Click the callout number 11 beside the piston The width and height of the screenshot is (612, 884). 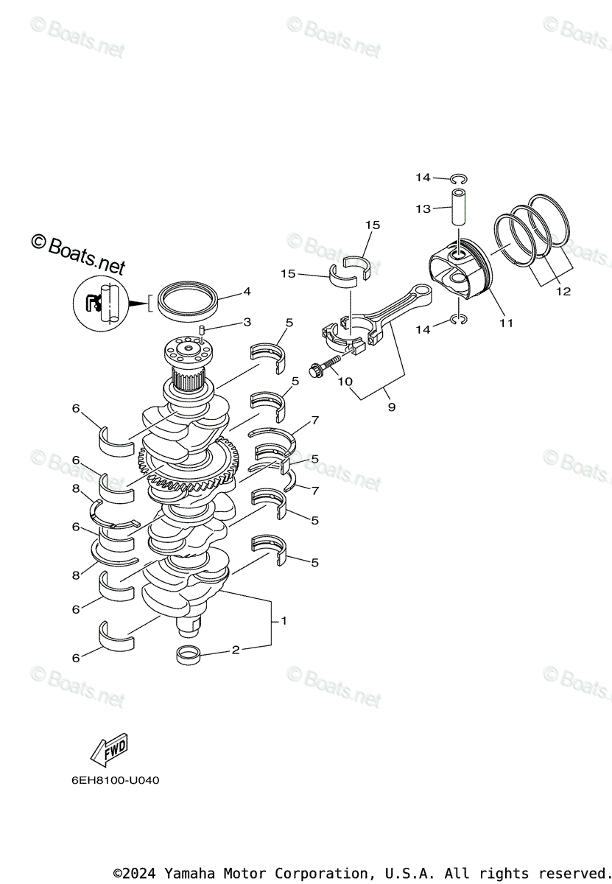coord(506,323)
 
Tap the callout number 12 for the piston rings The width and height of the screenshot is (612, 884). coord(563,292)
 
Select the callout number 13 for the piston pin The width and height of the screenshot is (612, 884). coord(423,209)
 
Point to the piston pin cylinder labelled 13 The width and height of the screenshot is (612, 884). coord(460,209)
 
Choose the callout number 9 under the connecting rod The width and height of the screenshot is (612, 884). coord(391,407)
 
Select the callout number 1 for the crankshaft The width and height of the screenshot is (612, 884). coord(284,621)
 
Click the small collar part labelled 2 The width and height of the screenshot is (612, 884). coord(189,653)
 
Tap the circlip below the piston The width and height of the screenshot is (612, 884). coord(458,320)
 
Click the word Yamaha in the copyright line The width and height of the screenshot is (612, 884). coord(188,873)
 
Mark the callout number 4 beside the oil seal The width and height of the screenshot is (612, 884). coord(247,292)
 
